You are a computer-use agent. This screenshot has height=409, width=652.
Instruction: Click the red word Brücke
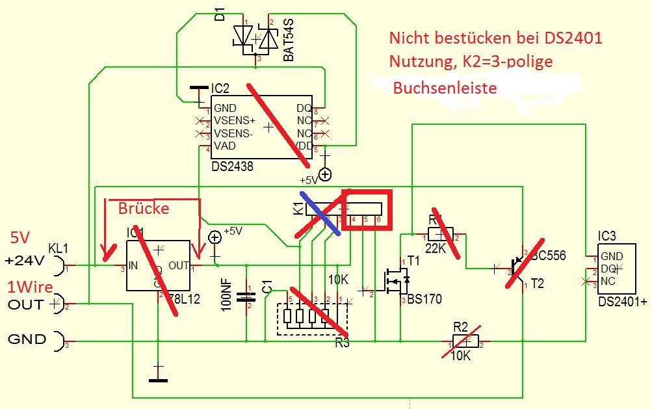[143, 208]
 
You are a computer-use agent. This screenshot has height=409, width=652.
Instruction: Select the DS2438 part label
[232, 166]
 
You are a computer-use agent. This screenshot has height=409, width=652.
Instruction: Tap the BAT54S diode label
[289, 40]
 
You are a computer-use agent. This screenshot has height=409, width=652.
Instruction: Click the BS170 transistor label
[425, 299]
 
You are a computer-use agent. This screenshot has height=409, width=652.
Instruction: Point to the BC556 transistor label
[549, 256]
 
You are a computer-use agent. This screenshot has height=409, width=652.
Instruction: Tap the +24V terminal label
[24, 261]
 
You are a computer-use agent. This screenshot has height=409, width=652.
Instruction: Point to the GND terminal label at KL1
[26, 339]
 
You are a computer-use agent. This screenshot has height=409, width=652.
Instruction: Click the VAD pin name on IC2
[224, 146]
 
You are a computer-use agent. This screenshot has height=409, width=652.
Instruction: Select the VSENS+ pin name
[234, 121]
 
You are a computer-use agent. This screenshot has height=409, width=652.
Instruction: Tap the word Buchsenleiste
[445, 88]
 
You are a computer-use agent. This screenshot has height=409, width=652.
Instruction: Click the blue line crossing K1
[320, 213]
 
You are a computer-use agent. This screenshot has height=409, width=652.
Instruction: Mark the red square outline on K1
[368, 209]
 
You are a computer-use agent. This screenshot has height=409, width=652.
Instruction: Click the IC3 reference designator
[608, 235]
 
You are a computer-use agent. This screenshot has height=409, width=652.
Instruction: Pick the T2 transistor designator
[536, 284]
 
